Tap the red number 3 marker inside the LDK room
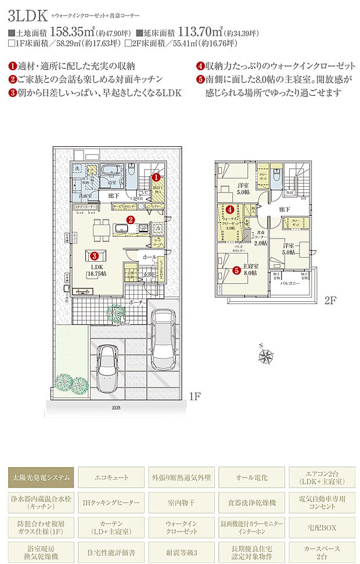[93, 254]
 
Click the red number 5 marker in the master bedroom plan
[236, 270]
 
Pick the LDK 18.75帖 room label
[97, 269]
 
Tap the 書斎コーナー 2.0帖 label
[260, 238]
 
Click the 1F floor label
[195, 397]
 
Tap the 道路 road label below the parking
[116, 407]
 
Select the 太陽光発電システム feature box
[41, 478]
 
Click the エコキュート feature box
[111, 478]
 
